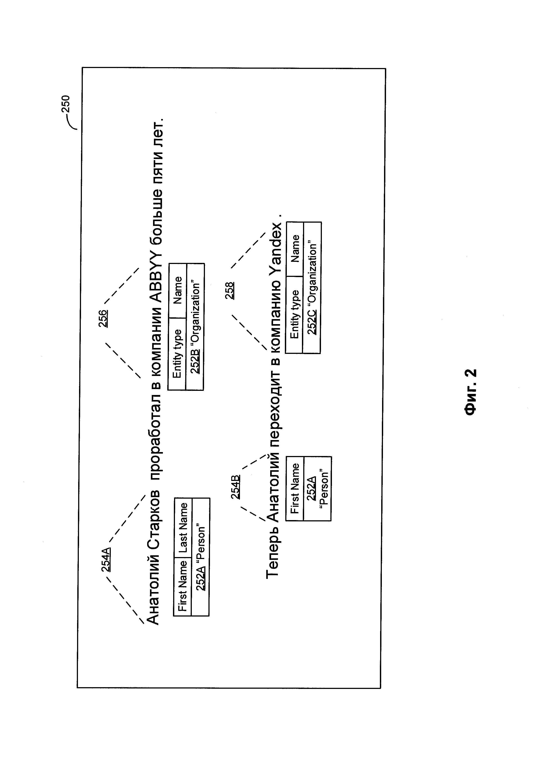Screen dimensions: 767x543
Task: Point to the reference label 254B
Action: pos(235,487)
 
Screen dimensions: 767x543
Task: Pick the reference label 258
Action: pos(230,290)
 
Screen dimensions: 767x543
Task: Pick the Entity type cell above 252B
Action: pos(177,354)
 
